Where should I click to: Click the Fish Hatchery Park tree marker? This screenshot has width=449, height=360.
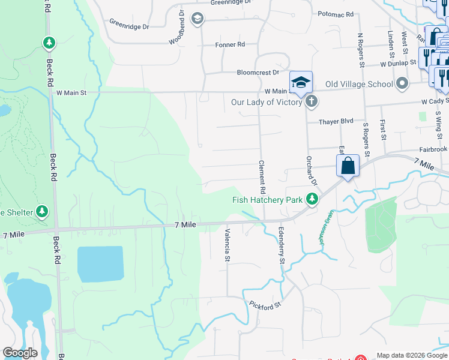tap(312, 199)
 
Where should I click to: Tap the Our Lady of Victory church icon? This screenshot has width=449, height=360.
tap(311, 101)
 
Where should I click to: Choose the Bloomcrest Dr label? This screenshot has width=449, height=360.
tap(258, 72)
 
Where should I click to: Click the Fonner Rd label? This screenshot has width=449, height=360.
tap(230, 44)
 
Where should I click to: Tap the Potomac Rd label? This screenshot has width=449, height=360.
tap(336, 14)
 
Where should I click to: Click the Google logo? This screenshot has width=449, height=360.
tap(20, 353)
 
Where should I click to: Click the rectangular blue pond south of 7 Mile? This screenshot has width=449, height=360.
tap(100, 263)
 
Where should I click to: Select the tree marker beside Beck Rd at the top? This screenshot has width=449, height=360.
tap(49, 43)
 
